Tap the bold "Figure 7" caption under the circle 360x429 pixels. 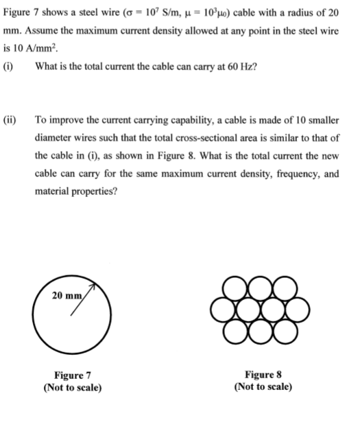pyautogui.click(x=72, y=375)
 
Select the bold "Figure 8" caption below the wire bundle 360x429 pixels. pyautogui.click(x=263, y=375)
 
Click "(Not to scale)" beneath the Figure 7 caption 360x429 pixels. pyautogui.click(x=72, y=387)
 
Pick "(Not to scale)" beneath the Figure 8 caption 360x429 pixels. pyautogui.click(x=263, y=387)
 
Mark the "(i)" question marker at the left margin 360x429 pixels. pyautogui.click(x=9, y=67)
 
